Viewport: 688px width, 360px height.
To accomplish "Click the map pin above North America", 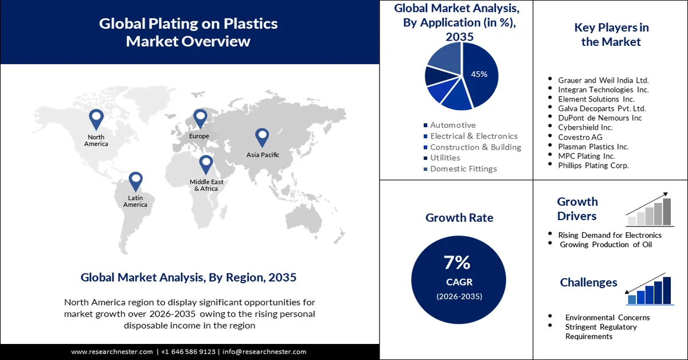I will pyautogui.click(x=96, y=119).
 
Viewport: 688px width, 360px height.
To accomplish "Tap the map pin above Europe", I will pyautogui.click(x=200, y=118).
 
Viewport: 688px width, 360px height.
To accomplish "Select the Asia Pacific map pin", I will pyautogui.click(x=262, y=136).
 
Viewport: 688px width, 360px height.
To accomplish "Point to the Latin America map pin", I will pyautogui.click(x=135, y=181).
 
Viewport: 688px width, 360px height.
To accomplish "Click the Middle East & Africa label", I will pyautogui.click(x=206, y=185).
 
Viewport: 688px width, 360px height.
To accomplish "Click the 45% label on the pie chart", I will pyautogui.click(x=479, y=74).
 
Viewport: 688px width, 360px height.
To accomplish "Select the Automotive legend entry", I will pyautogui.click(x=453, y=125).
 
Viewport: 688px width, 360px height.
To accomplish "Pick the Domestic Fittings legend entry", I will pyautogui.click(x=463, y=169).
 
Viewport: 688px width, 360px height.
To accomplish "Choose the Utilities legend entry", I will pyautogui.click(x=445, y=158).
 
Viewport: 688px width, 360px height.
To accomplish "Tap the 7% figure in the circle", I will pyautogui.click(x=457, y=263).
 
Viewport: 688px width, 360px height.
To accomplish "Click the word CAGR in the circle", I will pyautogui.click(x=458, y=282).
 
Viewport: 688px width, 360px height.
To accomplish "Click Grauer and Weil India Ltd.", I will pyautogui.click(x=603, y=81).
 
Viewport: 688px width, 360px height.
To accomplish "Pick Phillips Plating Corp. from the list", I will pyautogui.click(x=593, y=165).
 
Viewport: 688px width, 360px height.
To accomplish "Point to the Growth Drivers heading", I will pyautogui.click(x=577, y=209).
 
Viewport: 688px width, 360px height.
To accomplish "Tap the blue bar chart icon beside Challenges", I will pyautogui.click(x=649, y=290).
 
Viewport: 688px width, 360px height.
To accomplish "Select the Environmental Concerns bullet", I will pyautogui.click(x=607, y=317).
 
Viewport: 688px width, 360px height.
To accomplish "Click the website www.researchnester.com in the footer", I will pyautogui.click(x=112, y=351).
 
